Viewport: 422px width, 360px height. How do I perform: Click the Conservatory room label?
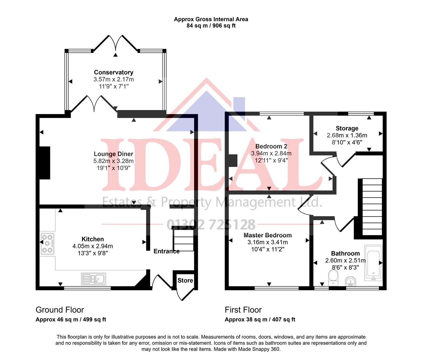(x=114, y=72)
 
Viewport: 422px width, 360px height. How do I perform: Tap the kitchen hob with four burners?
(x=47, y=244)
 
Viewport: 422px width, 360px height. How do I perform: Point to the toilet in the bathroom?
(x=333, y=278)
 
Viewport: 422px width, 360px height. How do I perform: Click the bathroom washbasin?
(x=350, y=281)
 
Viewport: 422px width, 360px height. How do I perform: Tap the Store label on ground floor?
(x=185, y=280)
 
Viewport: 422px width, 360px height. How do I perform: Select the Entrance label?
(x=166, y=251)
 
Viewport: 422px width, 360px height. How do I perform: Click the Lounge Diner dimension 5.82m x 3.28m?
(x=113, y=161)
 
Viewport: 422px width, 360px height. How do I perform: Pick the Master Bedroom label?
(x=267, y=235)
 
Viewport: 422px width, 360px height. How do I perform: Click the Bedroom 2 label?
(x=271, y=146)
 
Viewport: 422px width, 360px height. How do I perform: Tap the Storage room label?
(x=347, y=128)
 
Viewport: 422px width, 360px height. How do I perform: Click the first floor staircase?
(x=372, y=207)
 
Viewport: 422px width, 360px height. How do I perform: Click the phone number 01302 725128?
(x=211, y=225)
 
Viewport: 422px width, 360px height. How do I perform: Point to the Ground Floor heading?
(x=60, y=310)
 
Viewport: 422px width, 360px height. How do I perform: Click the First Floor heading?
(x=243, y=310)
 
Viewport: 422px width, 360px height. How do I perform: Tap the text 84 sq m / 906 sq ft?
(x=211, y=26)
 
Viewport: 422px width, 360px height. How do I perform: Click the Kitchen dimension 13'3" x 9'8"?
(x=93, y=253)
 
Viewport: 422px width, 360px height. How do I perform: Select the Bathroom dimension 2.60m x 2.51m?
(x=345, y=260)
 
